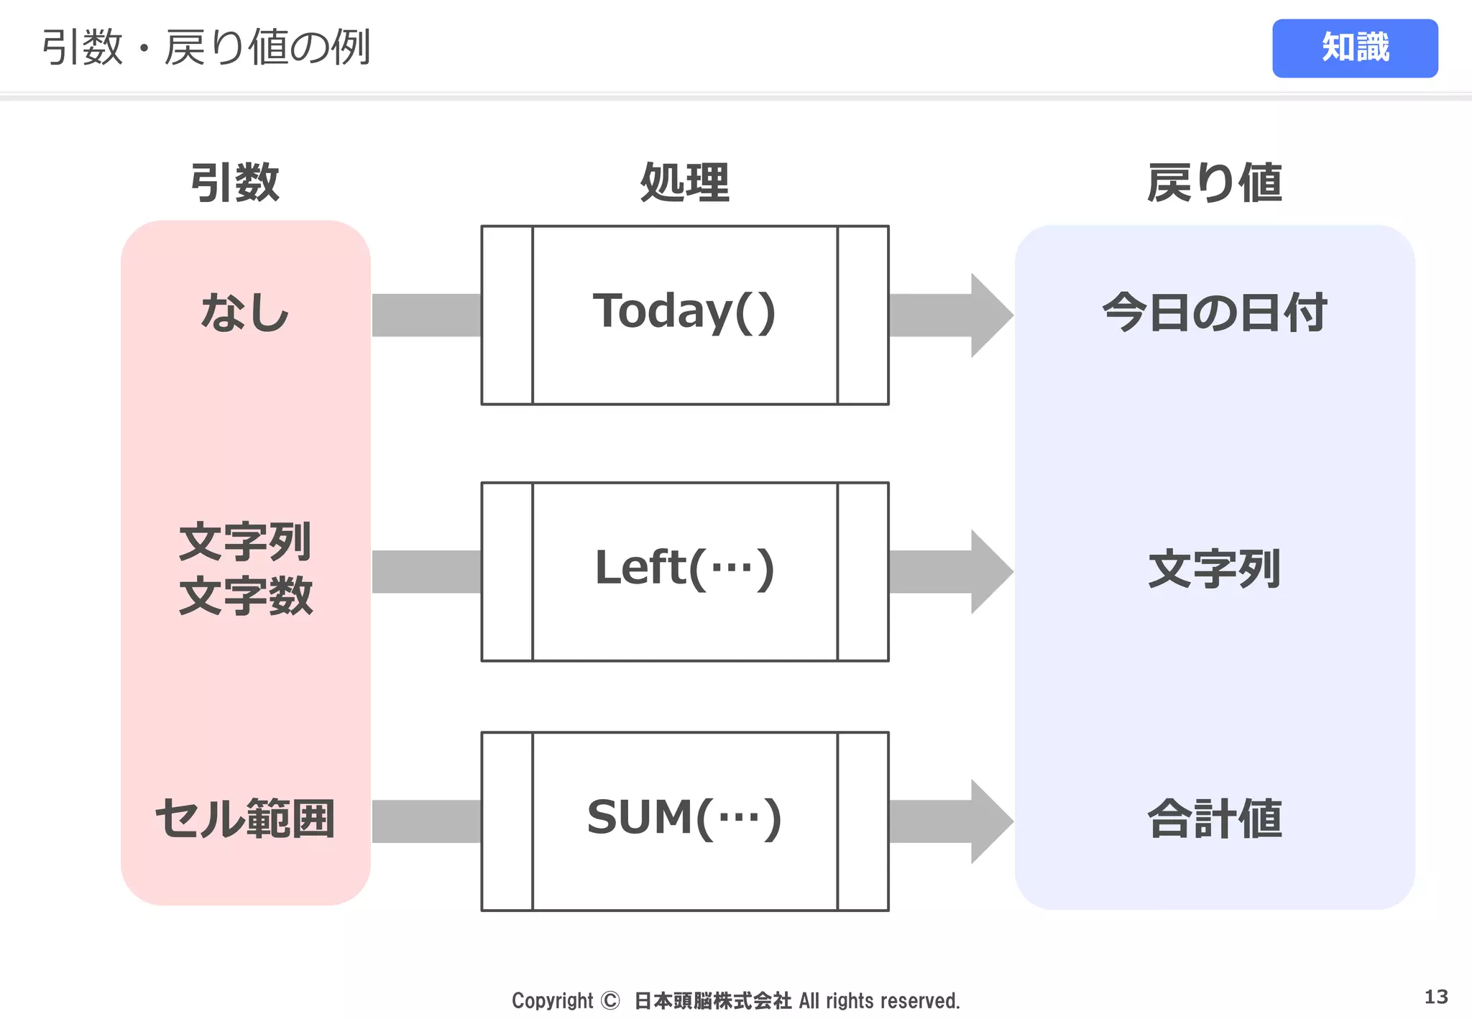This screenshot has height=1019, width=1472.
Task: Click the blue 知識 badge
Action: pyautogui.click(x=1354, y=48)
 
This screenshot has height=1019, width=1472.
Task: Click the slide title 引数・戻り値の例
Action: pyautogui.click(x=206, y=47)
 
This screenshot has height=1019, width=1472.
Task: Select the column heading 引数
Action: pyautogui.click(x=234, y=183)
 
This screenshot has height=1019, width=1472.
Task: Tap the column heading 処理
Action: pyautogui.click(x=684, y=183)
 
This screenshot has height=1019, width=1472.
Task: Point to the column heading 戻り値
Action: pyautogui.click(x=1214, y=183)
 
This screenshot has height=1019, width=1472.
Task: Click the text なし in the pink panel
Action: pyautogui.click(x=244, y=313)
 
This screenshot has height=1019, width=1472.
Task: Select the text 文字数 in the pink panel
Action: pyautogui.click(x=246, y=596)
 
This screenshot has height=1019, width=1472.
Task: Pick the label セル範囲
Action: pyautogui.click(x=245, y=819)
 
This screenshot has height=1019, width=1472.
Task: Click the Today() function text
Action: pyautogui.click(x=684, y=312)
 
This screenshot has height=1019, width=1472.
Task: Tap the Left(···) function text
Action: pyautogui.click(x=684, y=568)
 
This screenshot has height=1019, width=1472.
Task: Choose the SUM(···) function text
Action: pyautogui.click(x=684, y=819)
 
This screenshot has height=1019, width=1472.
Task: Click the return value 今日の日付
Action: pyautogui.click(x=1214, y=313)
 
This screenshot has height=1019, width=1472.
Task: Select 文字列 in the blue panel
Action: pyautogui.click(x=1214, y=569)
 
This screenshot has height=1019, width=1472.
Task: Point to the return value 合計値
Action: pyautogui.click(x=1214, y=819)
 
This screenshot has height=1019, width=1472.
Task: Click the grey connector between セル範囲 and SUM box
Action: pyautogui.click(x=426, y=821)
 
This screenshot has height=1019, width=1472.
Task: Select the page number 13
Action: pyautogui.click(x=1435, y=997)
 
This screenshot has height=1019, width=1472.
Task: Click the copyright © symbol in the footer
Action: pyautogui.click(x=609, y=1000)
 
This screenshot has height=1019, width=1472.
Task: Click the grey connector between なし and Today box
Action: pyautogui.click(x=426, y=315)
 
